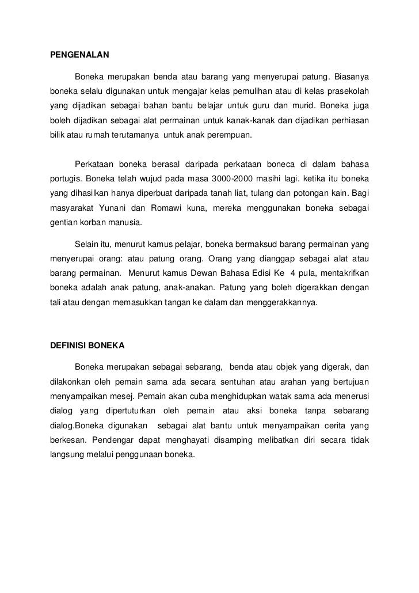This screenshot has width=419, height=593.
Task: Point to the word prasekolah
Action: click(348, 92)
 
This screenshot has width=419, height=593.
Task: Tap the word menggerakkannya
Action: click(284, 301)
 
